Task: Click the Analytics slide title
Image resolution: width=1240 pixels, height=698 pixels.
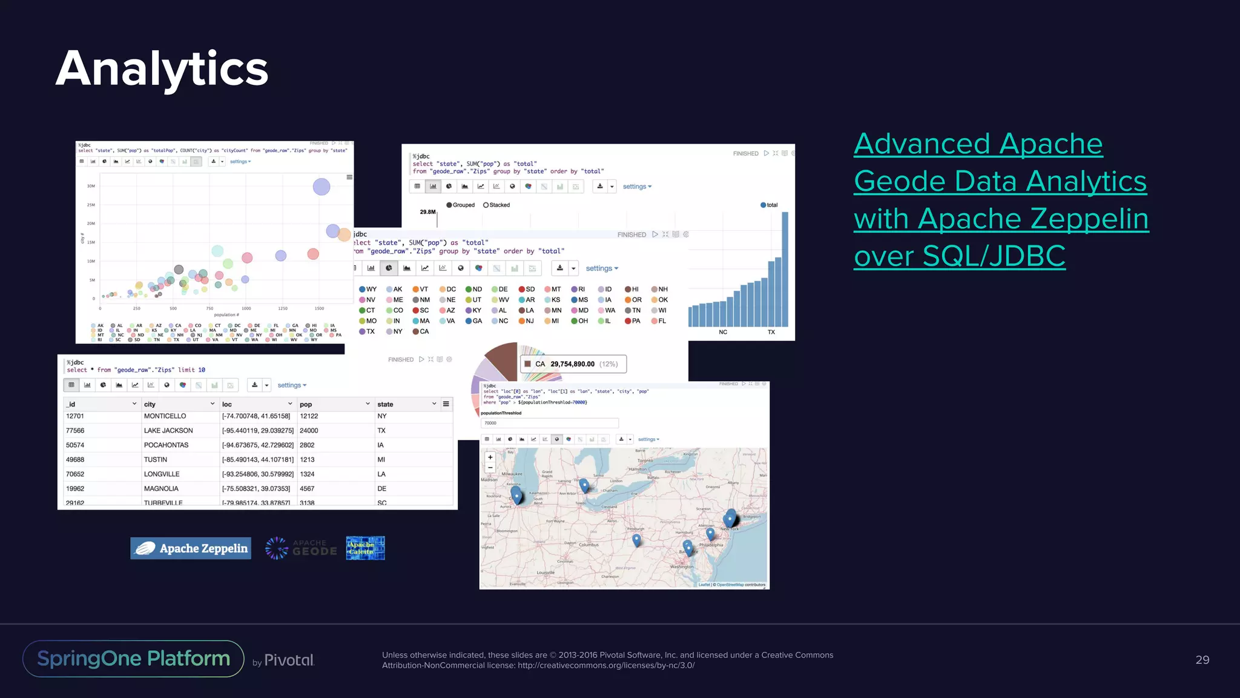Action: (x=162, y=69)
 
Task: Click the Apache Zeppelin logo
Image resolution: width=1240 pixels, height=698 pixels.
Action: (x=191, y=548)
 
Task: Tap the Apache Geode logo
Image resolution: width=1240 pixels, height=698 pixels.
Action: (x=301, y=548)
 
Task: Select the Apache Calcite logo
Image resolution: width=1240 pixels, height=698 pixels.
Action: (x=365, y=548)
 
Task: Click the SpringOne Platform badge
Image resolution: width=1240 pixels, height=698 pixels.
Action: (x=133, y=659)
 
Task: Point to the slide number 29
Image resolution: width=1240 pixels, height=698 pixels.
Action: (x=1202, y=660)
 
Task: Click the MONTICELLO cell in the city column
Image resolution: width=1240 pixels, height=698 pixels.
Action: (x=165, y=416)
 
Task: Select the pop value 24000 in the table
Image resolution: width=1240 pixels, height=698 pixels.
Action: (x=309, y=431)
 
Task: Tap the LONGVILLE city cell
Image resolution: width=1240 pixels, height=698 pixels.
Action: (x=161, y=474)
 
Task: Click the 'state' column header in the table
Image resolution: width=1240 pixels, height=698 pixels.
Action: (x=385, y=404)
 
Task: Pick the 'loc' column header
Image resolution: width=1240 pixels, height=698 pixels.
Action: (x=227, y=404)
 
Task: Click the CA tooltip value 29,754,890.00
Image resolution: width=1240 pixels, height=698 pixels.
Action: (x=572, y=364)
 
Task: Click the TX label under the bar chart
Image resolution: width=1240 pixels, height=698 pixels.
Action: (x=771, y=332)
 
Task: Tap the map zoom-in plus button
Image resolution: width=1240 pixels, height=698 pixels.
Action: (x=490, y=457)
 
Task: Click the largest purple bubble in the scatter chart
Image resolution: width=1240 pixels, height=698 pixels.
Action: (x=322, y=187)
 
